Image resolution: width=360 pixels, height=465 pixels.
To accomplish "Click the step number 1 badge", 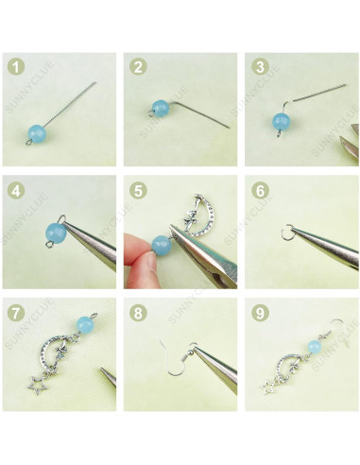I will click(14, 66).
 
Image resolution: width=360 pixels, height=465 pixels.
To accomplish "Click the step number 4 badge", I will click(14, 188).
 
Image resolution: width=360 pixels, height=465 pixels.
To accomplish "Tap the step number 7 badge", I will click(14, 311).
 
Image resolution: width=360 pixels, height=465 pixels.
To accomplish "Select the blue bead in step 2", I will click(161, 108).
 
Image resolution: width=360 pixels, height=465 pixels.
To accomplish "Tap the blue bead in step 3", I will click(281, 121).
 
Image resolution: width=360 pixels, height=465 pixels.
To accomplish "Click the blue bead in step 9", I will click(310, 341).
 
